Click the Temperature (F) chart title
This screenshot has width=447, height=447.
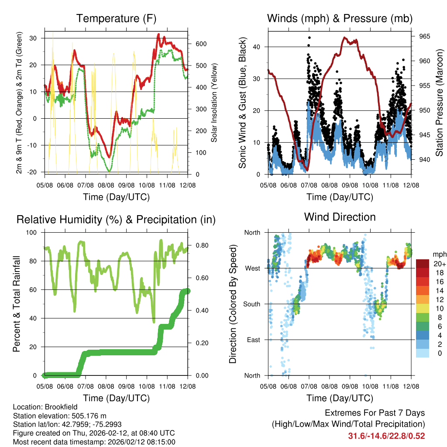pos(116,19)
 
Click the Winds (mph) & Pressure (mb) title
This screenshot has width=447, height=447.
pos(340,19)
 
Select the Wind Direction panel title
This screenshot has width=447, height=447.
pos(340,217)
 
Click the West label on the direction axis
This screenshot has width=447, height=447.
pos(253,268)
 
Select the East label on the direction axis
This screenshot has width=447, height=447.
pos(254,340)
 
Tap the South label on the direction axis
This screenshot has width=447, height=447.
pos(252,304)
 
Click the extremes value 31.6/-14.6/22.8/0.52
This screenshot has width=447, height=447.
pos(386,436)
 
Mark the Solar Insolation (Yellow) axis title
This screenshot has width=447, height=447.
pos(214,103)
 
